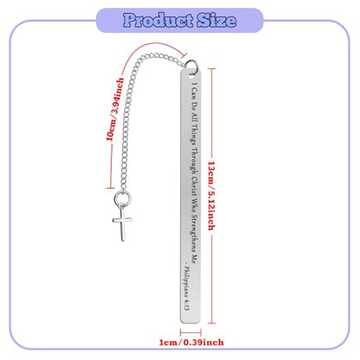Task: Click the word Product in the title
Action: coord(158,21)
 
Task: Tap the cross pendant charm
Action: coord(122,223)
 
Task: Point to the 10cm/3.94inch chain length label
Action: coord(115,109)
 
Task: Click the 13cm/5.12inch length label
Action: coord(212,196)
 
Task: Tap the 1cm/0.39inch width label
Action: coord(191,343)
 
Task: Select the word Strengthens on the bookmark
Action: coord(194,233)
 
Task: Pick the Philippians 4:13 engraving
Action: coord(186,288)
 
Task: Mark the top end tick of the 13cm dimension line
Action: coord(212,68)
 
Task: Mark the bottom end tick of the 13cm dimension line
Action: coord(212,323)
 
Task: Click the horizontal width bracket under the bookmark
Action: coord(190,332)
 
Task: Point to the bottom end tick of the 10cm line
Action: coord(111,189)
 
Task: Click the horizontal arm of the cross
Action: coord(122,221)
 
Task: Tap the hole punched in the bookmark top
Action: coord(191,77)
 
